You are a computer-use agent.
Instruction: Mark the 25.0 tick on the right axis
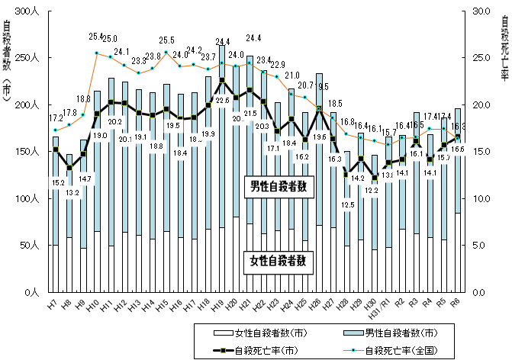[479, 58]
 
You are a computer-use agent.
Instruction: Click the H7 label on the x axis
[54, 304]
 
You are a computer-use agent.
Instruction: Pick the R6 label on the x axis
[456, 304]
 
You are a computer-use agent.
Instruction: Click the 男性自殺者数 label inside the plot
[279, 187]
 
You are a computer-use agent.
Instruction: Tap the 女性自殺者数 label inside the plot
[279, 260]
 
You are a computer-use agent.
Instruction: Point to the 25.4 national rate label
[97, 36]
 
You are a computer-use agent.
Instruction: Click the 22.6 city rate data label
[221, 100]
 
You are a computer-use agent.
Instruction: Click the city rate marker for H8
[69, 168]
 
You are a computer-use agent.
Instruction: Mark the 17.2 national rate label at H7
[56, 118]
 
